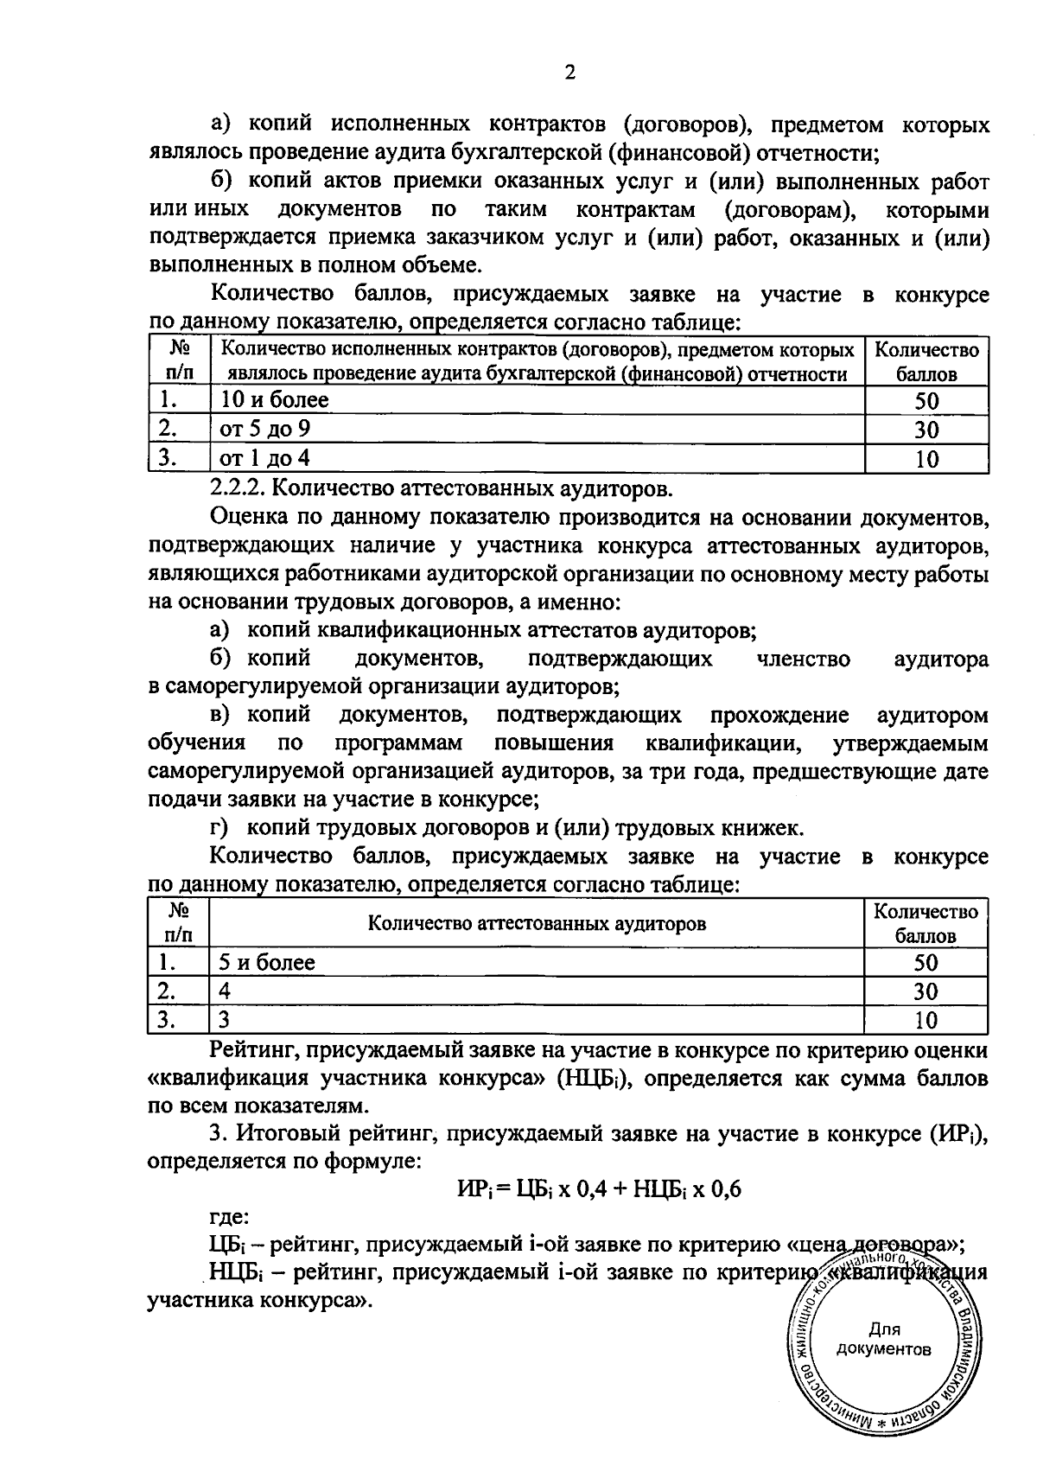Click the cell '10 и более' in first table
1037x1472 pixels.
(x=275, y=400)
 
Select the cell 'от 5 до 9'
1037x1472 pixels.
(x=265, y=429)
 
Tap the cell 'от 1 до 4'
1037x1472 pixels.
(x=264, y=458)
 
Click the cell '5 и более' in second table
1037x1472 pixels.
(x=267, y=962)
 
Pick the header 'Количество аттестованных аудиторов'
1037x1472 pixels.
(x=537, y=923)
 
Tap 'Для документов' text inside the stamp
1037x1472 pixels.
(x=883, y=1340)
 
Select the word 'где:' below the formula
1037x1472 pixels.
(x=230, y=1217)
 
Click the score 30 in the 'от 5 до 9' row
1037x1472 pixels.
(x=926, y=430)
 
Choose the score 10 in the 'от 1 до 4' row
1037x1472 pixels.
(x=926, y=459)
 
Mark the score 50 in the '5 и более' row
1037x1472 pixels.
(x=926, y=963)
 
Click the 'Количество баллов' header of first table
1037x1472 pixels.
(x=926, y=362)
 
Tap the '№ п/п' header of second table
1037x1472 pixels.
(x=179, y=923)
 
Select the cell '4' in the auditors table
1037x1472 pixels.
(x=225, y=991)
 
